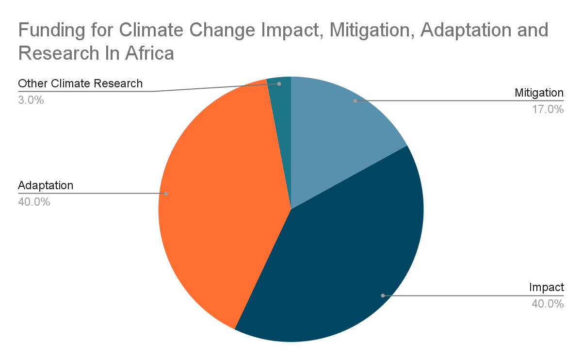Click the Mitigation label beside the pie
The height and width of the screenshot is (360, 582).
[539, 93]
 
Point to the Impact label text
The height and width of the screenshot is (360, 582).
[546, 287]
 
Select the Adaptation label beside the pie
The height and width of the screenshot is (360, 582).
[46, 185]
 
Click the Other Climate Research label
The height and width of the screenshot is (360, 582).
[81, 83]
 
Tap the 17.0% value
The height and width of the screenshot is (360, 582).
[548, 109]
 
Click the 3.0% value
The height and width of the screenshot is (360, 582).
[31, 100]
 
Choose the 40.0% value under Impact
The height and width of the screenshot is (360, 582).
[548, 304]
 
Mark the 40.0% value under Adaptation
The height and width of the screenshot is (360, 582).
[34, 202]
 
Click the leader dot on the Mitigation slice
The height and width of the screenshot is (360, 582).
[355, 101]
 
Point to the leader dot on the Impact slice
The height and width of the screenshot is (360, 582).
[383, 295]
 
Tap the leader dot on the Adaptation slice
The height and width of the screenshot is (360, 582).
[166, 193]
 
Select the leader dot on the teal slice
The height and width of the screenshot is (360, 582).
[279, 84]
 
